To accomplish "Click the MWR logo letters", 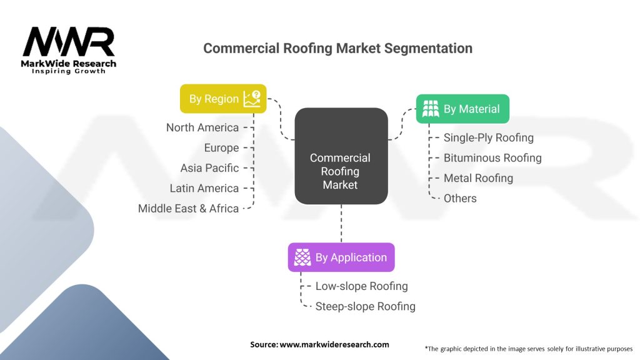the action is pyautogui.click(x=69, y=42).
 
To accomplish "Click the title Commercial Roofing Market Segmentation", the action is pyautogui.click(x=337, y=48).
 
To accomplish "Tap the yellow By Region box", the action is pyautogui.click(x=223, y=99).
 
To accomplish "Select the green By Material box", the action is pyautogui.click(x=462, y=109).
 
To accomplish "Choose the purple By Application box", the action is pyautogui.click(x=341, y=257).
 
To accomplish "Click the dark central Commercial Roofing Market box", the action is pyautogui.click(x=341, y=156).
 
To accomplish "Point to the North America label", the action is pyautogui.click(x=202, y=127).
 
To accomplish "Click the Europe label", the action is pyautogui.click(x=222, y=147).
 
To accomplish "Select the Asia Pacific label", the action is pyautogui.click(x=210, y=168).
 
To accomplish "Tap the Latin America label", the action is pyautogui.click(x=204, y=188).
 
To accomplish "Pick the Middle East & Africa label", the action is pyautogui.click(x=189, y=209).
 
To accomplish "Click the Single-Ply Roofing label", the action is pyautogui.click(x=489, y=138).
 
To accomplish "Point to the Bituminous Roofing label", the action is pyautogui.click(x=492, y=158).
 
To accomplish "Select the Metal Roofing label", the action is pyautogui.click(x=478, y=178).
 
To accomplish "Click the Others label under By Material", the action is pyautogui.click(x=460, y=198).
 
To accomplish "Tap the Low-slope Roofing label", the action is pyautogui.click(x=362, y=286).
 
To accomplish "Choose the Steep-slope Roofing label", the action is pyautogui.click(x=365, y=306).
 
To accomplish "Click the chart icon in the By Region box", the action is pyautogui.click(x=252, y=99).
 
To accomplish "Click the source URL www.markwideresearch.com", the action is pyautogui.click(x=334, y=344).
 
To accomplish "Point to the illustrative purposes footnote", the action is pyautogui.click(x=529, y=349).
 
